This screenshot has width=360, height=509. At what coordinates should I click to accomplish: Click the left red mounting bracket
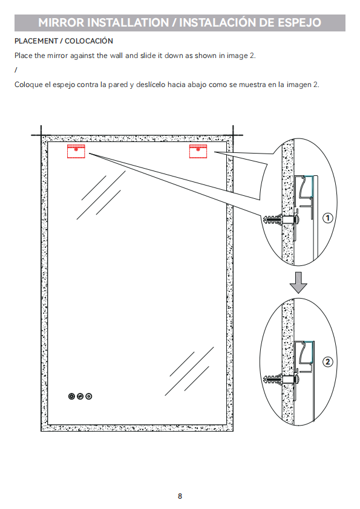click(x=76, y=151)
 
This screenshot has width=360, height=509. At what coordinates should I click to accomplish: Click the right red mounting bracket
click(x=198, y=151)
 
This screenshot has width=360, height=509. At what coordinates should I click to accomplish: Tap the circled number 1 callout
click(x=327, y=218)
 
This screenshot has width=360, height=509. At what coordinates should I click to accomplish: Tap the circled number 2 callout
click(x=327, y=361)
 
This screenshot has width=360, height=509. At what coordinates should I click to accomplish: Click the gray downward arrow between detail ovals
click(x=298, y=282)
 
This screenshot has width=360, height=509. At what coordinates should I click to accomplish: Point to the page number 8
click(x=180, y=496)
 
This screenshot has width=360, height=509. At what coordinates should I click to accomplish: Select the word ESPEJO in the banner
click(x=299, y=22)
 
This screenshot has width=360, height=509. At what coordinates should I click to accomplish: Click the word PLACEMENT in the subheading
click(x=36, y=41)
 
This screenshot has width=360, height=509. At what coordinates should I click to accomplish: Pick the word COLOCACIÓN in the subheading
click(x=89, y=41)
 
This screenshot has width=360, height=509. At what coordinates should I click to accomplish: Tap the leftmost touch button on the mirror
click(x=71, y=396)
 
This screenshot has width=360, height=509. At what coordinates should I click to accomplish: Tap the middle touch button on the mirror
click(x=80, y=396)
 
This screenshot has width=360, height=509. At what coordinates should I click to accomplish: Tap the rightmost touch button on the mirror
click(x=88, y=396)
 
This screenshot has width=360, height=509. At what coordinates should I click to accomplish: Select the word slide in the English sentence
click(x=148, y=56)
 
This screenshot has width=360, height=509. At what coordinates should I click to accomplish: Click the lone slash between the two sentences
click(x=16, y=70)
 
